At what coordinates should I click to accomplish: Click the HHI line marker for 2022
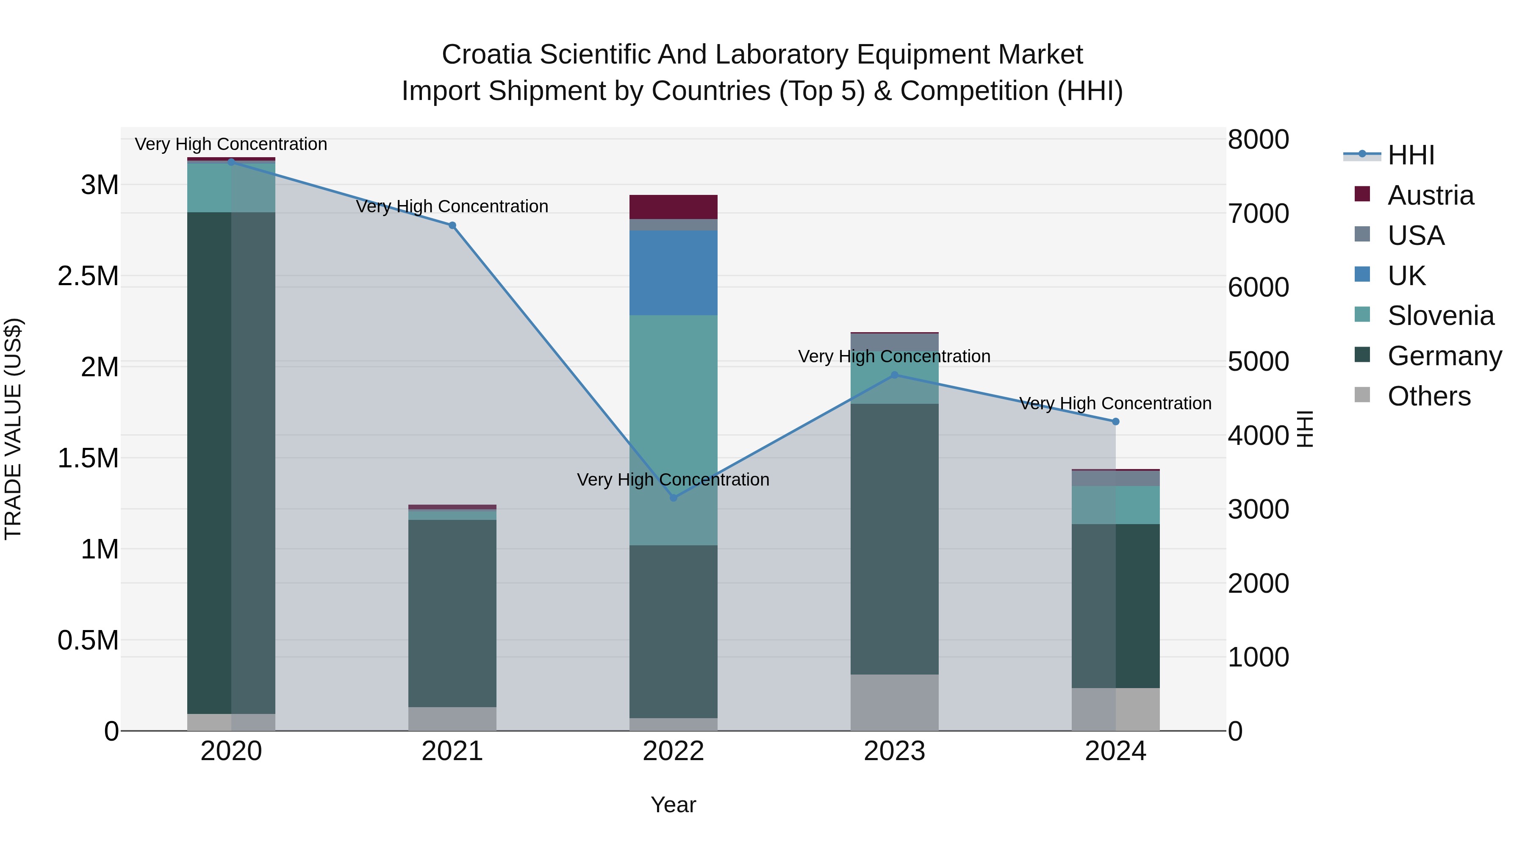pyautogui.click(x=673, y=497)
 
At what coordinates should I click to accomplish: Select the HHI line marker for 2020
pyautogui.click(x=231, y=162)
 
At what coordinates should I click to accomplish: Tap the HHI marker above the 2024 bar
pyautogui.click(x=1115, y=422)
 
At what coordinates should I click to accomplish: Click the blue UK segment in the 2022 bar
pyautogui.click(x=673, y=272)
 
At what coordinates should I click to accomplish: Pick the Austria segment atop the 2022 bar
pyautogui.click(x=673, y=207)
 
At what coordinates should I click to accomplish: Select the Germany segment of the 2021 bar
pyautogui.click(x=452, y=613)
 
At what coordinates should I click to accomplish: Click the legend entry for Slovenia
pyautogui.click(x=1440, y=316)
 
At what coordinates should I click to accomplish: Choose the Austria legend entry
pyautogui.click(x=1430, y=195)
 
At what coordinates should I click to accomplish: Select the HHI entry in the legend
pyautogui.click(x=1411, y=155)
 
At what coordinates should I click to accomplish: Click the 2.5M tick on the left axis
pyautogui.click(x=88, y=276)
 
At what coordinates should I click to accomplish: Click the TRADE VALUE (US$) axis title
pyautogui.click(x=13, y=429)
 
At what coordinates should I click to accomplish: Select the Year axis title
pyautogui.click(x=673, y=805)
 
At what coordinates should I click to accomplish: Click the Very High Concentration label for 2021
pyautogui.click(x=452, y=206)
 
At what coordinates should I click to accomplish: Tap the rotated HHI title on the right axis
pyautogui.click(x=1305, y=429)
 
